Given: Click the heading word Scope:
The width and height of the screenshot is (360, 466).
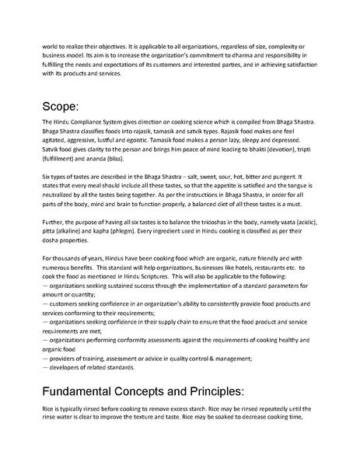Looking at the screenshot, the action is coord(68,106).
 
